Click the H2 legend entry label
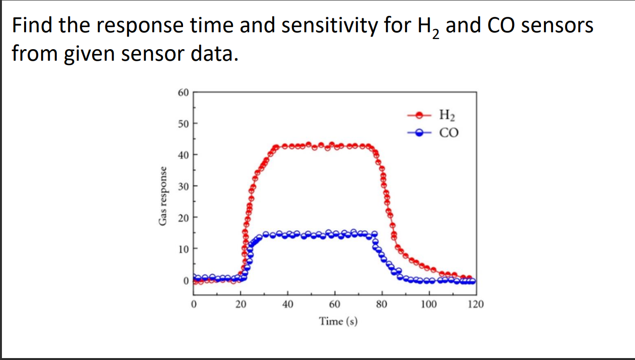447,116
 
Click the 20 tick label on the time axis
240,304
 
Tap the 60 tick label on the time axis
335,304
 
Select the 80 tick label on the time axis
382,304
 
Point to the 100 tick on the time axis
429,304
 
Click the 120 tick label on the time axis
476,304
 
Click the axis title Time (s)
338,321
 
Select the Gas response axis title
164,196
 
